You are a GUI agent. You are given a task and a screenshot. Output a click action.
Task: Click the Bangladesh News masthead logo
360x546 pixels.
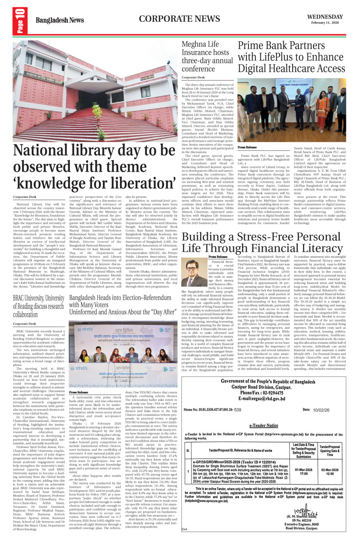point(59,20)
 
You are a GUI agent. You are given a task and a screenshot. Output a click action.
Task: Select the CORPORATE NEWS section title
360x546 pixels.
point(179,19)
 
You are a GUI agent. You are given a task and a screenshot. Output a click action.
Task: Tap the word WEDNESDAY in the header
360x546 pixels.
point(325,17)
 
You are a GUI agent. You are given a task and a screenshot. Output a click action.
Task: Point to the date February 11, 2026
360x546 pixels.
point(325,23)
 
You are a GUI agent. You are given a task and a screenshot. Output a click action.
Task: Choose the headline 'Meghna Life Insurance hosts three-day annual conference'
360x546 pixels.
point(207,56)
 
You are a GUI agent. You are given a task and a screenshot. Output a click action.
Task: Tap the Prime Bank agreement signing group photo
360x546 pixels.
point(291,110)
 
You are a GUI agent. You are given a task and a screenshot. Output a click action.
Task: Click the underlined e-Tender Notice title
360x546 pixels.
point(263,425)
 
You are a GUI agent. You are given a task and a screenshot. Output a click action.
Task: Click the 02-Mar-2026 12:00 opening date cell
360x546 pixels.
point(329,472)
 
